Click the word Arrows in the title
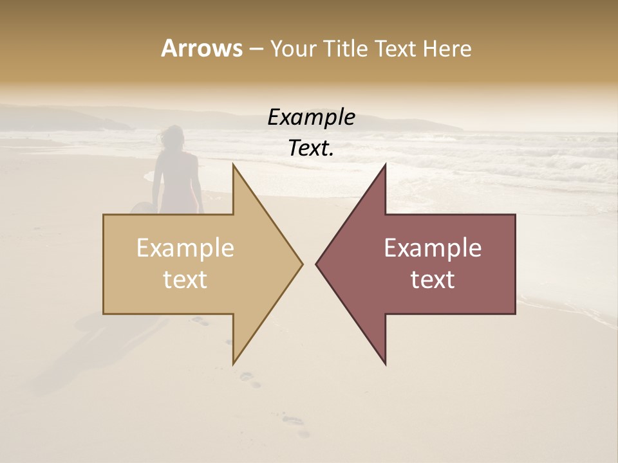201,48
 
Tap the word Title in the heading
345,49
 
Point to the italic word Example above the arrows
311,117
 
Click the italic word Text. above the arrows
311,149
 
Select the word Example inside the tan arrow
185,248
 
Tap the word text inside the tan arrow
185,280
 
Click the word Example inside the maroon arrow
433,248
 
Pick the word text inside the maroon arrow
433,280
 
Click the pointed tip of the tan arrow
302,264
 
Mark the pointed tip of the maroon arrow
317,264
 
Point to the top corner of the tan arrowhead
234,165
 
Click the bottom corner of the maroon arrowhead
385,364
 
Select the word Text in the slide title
396,49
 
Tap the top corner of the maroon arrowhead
385,165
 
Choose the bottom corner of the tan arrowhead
234,364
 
